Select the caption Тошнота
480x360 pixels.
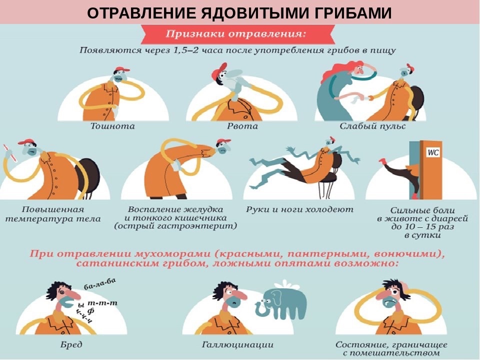112,126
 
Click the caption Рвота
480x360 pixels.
242,126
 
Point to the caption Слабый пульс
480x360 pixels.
372,126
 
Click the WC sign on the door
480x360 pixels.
433,152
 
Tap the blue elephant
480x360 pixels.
281,302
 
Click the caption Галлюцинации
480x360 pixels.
237,344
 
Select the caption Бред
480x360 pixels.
71,344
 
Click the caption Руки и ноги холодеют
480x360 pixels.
299,209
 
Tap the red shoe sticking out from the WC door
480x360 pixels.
382,161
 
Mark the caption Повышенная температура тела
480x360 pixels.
52,214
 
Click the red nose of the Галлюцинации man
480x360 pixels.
240,295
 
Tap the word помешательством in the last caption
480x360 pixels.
395,353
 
